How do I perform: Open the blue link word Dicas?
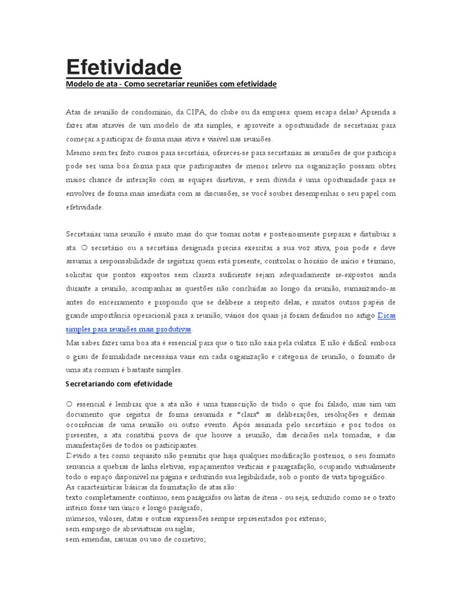coord(387,316)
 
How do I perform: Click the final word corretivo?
coord(188,540)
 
